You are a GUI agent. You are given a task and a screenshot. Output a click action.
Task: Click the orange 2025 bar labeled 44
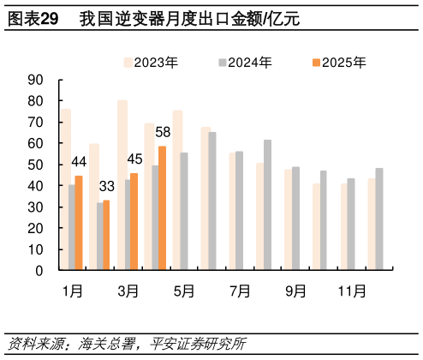(79, 223)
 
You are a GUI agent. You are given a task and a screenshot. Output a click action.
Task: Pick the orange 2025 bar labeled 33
(106, 235)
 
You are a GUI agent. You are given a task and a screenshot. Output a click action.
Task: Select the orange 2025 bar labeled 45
(134, 221)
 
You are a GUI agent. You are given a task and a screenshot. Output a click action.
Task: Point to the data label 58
(163, 133)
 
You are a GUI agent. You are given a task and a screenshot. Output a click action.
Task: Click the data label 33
(107, 186)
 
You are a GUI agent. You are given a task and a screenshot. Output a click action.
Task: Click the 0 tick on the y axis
(39, 271)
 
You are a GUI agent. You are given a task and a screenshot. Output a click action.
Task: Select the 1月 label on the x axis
(73, 291)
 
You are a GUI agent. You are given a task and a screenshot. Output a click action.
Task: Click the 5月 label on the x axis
(184, 291)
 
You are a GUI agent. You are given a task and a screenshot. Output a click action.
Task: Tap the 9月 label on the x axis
(295, 291)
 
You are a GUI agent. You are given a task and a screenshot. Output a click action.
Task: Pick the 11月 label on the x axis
(351, 291)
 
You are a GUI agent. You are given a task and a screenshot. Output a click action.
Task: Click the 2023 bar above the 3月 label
(122, 185)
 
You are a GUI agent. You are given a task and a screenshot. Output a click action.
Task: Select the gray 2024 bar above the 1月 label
(72, 227)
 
